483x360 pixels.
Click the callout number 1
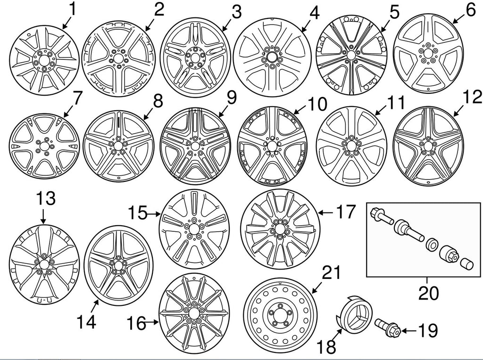pos(73,9)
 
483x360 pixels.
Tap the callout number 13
pos(43,198)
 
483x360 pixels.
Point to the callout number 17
pos(343,212)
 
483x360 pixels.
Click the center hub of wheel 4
pos(272,57)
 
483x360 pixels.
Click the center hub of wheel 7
pos(44,146)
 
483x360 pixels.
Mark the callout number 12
pos(472,98)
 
